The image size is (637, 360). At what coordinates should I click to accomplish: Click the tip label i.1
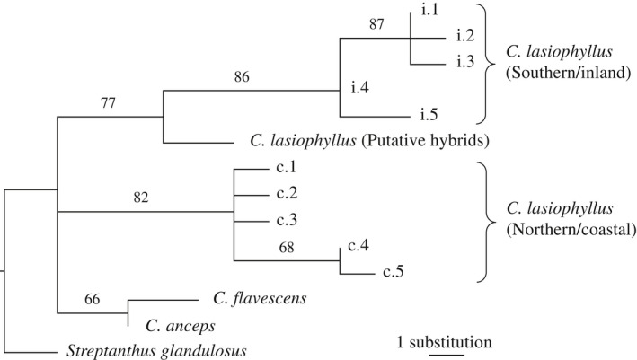click(429, 9)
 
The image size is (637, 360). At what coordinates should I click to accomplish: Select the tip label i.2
click(464, 36)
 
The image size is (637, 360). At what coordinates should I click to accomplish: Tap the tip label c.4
click(358, 246)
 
